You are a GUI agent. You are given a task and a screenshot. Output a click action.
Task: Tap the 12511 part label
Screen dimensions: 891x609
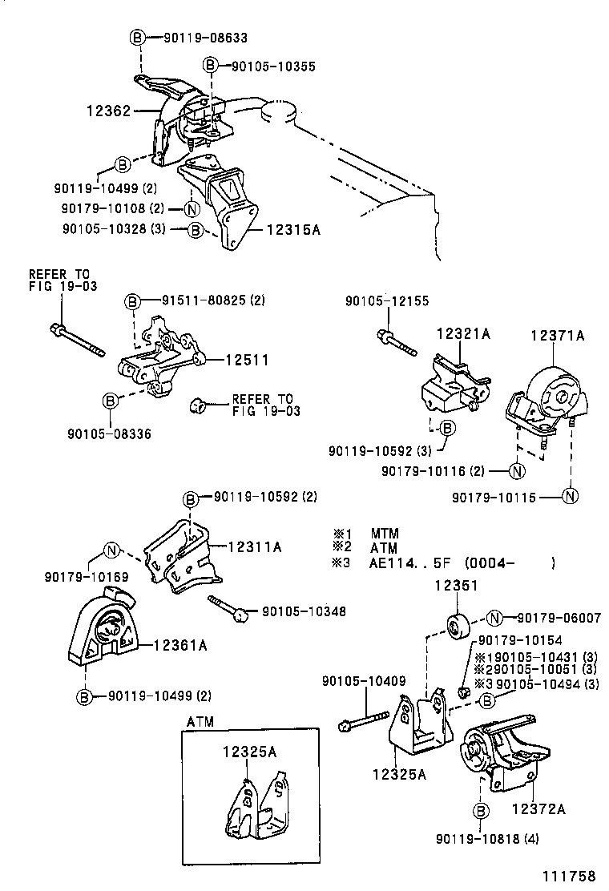pyautogui.click(x=246, y=361)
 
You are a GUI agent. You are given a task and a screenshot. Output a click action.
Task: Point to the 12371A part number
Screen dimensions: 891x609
pyautogui.click(x=557, y=337)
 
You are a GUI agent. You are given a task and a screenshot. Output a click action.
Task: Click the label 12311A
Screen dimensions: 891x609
pyautogui.click(x=255, y=547)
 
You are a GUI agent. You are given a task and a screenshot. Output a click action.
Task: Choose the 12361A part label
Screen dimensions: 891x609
pyautogui.click(x=180, y=643)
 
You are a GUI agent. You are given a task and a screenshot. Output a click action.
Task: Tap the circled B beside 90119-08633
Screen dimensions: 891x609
pyautogui.click(x=136, y=37)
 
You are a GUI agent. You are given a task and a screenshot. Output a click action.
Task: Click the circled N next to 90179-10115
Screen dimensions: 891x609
pyautogui.click(x=569, y=497)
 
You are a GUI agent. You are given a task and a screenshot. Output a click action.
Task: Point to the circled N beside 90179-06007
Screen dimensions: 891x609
pyautogui.click(x=494, y=617)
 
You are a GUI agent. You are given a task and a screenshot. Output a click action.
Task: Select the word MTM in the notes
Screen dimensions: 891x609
pyautogui.click(x=385, y=533)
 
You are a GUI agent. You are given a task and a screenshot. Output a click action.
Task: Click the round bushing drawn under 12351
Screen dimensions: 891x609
pyautogui.click(x=456, y=625)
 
